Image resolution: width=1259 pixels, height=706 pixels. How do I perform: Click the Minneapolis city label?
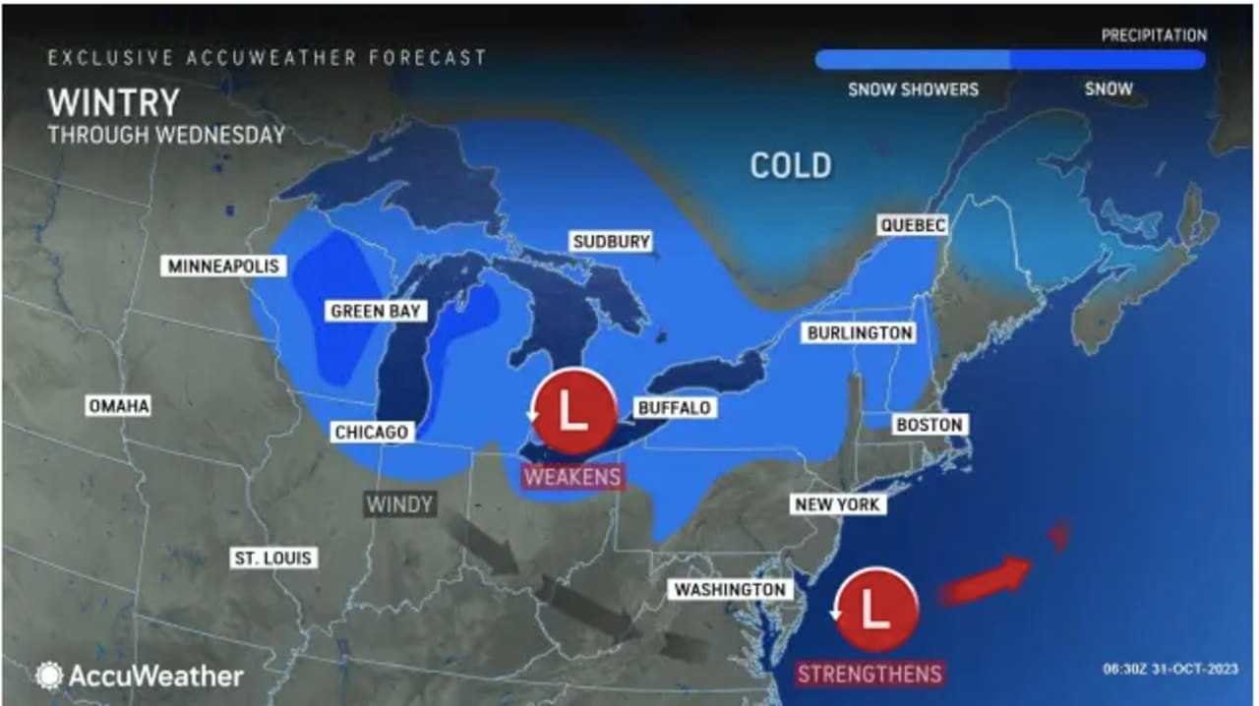[x=224, y=265]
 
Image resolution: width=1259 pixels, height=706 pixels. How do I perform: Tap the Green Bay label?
[x=376, y=312]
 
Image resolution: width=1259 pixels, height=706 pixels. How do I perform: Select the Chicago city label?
[x=371, y=432]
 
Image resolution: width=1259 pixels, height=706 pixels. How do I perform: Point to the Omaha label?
[x=118, y=406]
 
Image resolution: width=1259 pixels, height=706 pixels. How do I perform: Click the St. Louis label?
[x=272, y=558]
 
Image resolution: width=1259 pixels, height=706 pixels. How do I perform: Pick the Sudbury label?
[x=612, y=242]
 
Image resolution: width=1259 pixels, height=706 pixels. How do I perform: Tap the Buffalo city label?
[x=674, y=407]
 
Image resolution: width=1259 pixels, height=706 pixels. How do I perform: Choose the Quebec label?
[x=913, y=225]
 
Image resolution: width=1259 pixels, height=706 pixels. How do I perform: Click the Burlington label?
[x=860, y=333]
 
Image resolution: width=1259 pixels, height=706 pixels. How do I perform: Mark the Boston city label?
[x=929, y=425]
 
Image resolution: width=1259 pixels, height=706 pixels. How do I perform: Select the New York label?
[x=838, y=504]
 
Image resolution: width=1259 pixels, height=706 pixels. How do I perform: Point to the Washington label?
[x=729, y=589]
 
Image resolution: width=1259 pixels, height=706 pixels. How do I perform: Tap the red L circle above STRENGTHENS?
[x=874, y=610]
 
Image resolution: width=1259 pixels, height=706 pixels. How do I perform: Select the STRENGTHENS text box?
[x=869, y=674]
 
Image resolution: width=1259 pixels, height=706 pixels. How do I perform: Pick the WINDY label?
[x=399, y=504]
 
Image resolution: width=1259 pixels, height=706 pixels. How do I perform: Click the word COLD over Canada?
[x=791, y=165]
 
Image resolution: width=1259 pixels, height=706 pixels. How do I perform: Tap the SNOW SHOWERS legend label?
[x=914, y=89]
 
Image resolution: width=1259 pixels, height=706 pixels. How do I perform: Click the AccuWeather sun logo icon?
[x=49, y=676]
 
